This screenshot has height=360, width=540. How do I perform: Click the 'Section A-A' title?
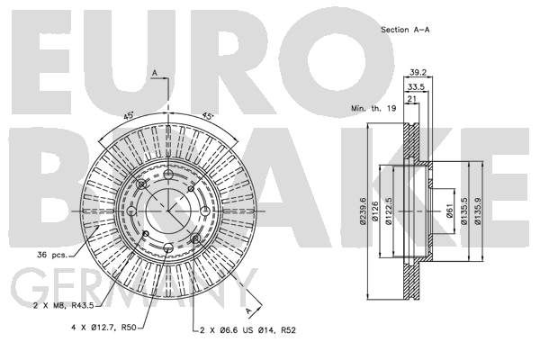click(x=405, y=30)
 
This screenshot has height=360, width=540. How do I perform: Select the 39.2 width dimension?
click(x=418, y=72)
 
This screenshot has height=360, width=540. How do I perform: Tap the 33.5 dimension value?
click(x=416, y=87)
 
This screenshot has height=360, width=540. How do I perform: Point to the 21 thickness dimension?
click(x=411, y=99)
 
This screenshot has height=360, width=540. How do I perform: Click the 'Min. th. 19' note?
click(x=373, y=108)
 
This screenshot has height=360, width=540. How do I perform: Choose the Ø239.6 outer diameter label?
click(x=363, y=211)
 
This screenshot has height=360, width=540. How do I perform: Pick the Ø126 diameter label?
click(x=375, y=211)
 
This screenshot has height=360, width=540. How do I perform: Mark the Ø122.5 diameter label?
click(x=389, y=211)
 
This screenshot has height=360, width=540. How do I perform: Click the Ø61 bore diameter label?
click(x=449, y=211)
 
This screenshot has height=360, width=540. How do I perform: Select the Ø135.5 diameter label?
click(x=463, y=211)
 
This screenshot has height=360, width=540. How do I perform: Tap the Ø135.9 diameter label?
click(x=477, y=211)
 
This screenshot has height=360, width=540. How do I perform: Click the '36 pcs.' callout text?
click(x=52, y=255)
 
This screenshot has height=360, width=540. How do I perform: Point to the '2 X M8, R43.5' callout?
click(x=63, y=305)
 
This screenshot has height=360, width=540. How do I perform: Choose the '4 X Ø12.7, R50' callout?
click(x=104, y=328)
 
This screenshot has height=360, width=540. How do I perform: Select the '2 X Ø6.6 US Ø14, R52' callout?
click(x=248, y=330)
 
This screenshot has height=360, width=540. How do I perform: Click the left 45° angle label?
click(x=129, y=115)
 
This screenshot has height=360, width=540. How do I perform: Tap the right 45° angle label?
click(x=207, y=115)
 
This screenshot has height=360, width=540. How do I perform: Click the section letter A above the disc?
click(x=155, y=73)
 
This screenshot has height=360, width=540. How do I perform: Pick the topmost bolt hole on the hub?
click(x=168, y=175)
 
